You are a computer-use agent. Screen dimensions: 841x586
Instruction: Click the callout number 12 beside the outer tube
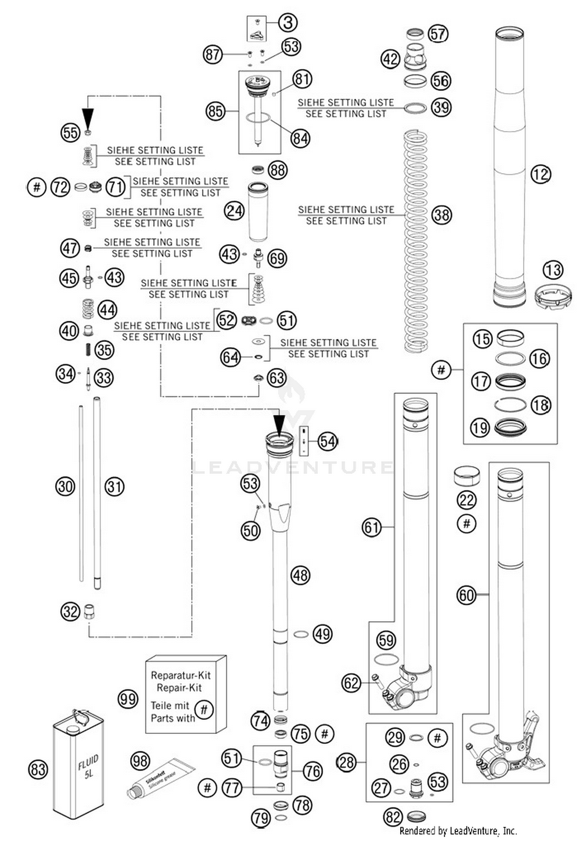click(x=541, y=174)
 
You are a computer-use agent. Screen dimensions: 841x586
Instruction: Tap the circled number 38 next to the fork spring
click(x=441, y=215)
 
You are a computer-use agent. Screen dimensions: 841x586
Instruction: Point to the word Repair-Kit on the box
click(x=179, y=687)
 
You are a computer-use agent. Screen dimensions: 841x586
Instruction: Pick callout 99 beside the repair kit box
click(x=128, y=699)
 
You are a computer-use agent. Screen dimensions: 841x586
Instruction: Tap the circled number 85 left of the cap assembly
click(x=216, y=111)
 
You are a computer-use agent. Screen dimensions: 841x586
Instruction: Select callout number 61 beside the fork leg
click(x=372, y=527)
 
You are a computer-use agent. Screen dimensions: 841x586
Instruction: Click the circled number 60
click(x=466, y=595)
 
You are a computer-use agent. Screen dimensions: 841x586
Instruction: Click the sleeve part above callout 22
click(x=467, y=476)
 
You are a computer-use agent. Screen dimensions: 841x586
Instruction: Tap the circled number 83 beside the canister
click(x=38, y=769)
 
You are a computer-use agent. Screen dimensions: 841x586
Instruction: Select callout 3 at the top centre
click(x=288, y=23)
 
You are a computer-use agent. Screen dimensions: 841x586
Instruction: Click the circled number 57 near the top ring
click(x=438, y=34)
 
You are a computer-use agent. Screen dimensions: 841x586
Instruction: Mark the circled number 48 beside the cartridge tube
click(x=300, y=575)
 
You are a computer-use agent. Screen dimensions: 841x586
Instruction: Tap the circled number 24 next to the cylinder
click(x=234, y=211)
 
